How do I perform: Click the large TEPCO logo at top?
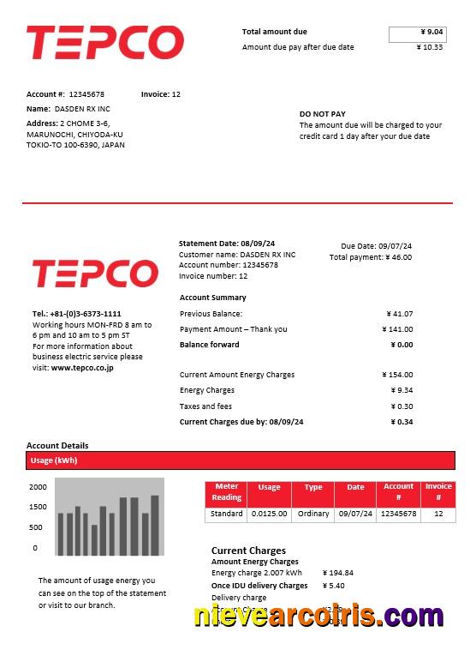(x=104, y=43)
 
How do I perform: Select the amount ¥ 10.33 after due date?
(x=429, y=47)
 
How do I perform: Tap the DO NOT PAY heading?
(x=323, y=114)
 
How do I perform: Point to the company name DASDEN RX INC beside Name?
(x=82, y=109)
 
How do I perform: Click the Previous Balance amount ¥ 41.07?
(x=399, y=314)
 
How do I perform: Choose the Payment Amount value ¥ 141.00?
(x=397, y=329)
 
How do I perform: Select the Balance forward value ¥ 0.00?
(x=402, y=345)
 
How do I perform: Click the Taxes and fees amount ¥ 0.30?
(x=402, y=406)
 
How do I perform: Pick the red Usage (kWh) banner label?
(x=54, y=460)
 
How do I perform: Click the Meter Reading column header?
(x=227, y=492)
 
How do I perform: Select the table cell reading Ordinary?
(x=313, y=514)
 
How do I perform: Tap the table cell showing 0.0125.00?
(x=270, y=514)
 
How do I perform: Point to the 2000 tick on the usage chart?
(x=38, y=486)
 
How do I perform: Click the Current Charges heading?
(x=248, y=551)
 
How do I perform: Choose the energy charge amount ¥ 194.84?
(x=338, y=573)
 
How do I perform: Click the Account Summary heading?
(x=212, y=298)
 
